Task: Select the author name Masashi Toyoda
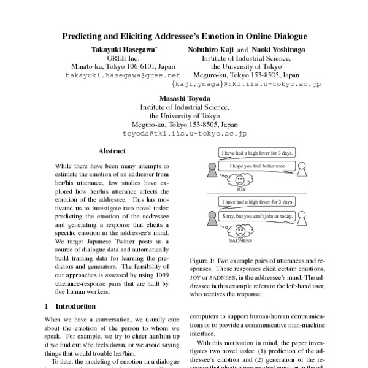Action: [x=185, y=98]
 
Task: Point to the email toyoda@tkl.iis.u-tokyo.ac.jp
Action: [x=185, y=132]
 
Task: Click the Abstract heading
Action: [x=112, y=151]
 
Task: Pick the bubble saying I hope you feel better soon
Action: [x=258, y=166]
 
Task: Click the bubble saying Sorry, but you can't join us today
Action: [x=258, y=217]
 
